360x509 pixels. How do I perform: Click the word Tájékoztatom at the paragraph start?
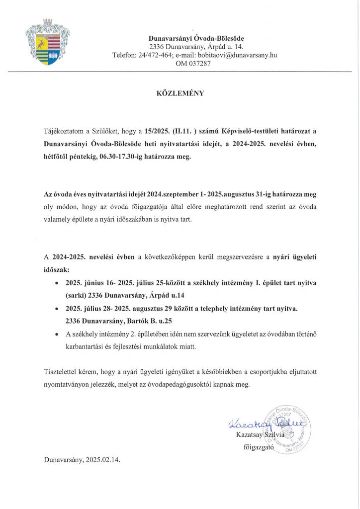pos(64,131)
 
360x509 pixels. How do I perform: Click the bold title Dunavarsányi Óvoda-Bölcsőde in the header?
pos(196,38)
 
